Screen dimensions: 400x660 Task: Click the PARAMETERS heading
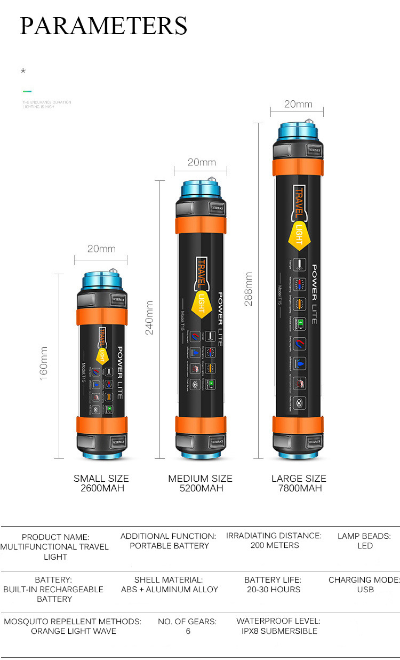[103, 26]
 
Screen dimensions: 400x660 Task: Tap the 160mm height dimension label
[44, 363]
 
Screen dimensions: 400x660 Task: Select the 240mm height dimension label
[149, 317]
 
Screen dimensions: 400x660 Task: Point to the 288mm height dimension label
[249, 289]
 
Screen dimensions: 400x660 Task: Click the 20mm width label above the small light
[101, 249]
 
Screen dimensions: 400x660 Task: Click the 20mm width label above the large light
[298, 104]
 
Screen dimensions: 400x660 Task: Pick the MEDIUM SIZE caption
[200, 478]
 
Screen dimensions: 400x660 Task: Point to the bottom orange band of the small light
[101, 425]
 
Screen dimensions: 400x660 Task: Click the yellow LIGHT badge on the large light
[299, 235]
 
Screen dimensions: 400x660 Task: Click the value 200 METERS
[275, 545]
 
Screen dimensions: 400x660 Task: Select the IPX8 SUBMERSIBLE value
[278, 631]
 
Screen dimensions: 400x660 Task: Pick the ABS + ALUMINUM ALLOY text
[170, 590]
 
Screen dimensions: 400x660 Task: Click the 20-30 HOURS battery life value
[273, 590]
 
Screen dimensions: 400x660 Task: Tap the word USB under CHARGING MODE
[365, 590]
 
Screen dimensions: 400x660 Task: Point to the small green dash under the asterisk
[27, 91]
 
